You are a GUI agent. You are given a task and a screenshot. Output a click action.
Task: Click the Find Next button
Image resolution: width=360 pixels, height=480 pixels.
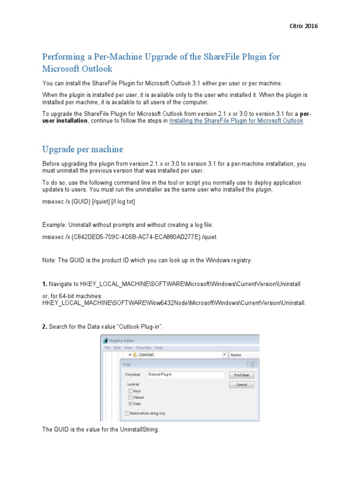pyautogui.click(x=241, y=375)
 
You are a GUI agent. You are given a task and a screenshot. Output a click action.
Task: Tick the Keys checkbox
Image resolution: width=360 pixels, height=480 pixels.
pyautogui.click(x=129, y=390)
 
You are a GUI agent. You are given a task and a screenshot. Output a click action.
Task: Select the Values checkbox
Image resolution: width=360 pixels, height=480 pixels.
pyautogui.click(x=129, y=397)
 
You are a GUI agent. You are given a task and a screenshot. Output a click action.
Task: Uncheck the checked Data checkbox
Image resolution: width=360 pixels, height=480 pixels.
pyautogui.click(x=129, y=403)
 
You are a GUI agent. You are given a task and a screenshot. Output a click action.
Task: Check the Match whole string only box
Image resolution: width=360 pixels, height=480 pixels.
pyautogui.click(x=127, y=413)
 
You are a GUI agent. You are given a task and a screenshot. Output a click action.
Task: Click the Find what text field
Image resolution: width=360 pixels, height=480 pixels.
pyautogui.click(x=185, y=375)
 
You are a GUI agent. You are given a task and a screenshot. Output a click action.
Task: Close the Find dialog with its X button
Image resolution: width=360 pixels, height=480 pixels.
pyautogui.click(x=252, y=364)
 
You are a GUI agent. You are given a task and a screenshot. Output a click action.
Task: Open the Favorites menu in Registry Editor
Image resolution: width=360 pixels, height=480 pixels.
pyautogui.click(x=143, y=348)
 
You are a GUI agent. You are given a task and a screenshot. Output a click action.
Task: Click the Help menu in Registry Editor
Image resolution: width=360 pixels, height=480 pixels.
pyautogui.click(x=159, y=348)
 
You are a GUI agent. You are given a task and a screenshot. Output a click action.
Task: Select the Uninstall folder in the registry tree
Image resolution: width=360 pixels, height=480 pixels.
pyautogui.click(x=146, y=355)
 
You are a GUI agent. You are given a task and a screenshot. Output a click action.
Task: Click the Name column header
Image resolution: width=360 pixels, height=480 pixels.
pyautogui.click(x=236, y=355)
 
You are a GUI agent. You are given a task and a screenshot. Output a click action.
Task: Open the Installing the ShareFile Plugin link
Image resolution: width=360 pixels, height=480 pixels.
pyautogui.click(x=236, y=120)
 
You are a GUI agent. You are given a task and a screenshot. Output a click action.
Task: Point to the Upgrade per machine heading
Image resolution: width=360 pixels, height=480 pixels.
pyautogui.click(x=82, y=150)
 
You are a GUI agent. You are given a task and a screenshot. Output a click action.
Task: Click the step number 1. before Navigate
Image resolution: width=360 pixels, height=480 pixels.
pyautogui.click(x=45, y=285)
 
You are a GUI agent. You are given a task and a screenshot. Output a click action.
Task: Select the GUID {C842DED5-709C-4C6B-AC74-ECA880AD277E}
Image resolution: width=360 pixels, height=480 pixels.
pyautogui.click(x=137, y=237)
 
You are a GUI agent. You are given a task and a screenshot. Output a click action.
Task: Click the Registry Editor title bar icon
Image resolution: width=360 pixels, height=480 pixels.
pyautogui.click(x=105, y=341)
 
